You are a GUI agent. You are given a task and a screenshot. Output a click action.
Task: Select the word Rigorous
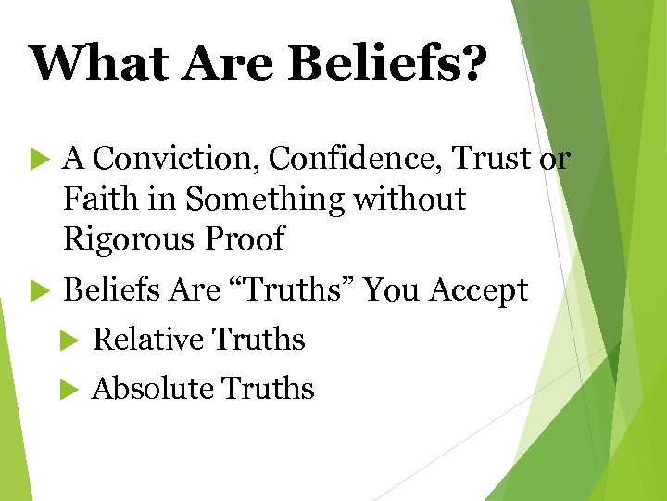tap(127, 238)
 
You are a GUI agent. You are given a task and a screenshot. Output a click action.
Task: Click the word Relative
tap(147, 340)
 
